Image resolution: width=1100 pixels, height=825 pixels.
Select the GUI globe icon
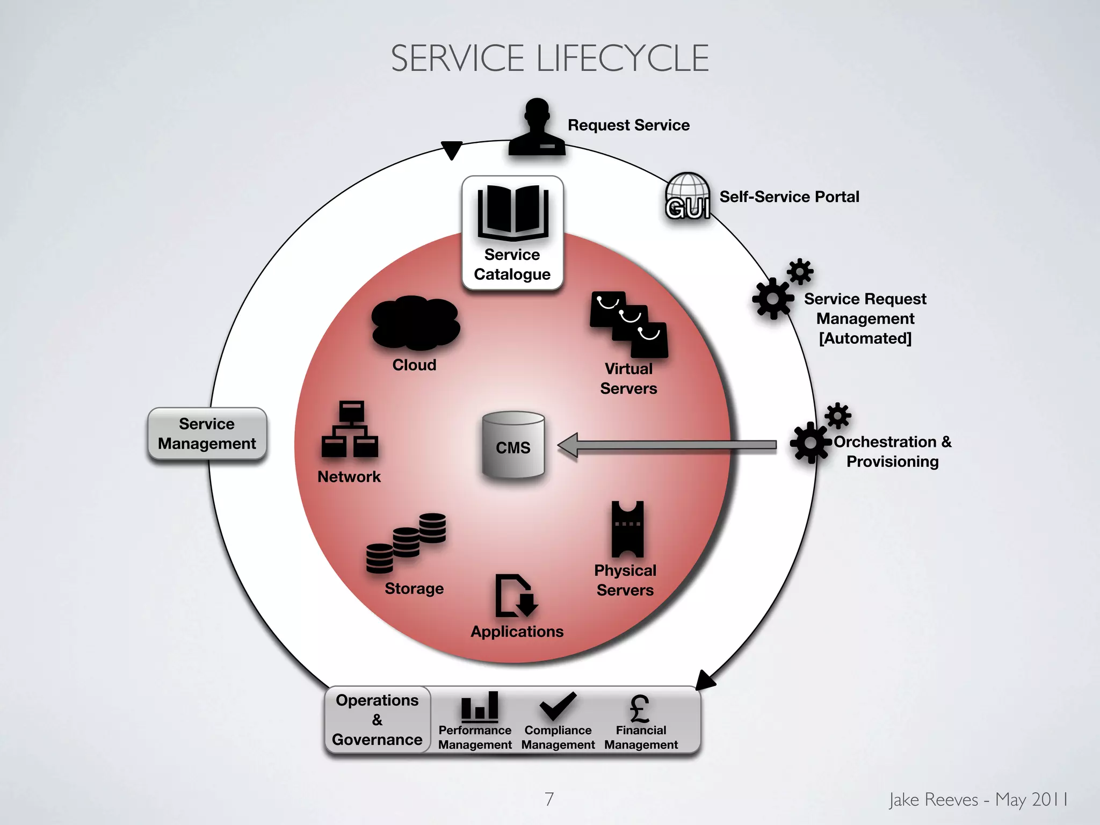[x=687, y=196]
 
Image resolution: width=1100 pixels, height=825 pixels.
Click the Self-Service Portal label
[x=789, y=197]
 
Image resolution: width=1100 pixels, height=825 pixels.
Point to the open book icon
[x=513, y=213]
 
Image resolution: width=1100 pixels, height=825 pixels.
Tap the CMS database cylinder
[x=513, y=445]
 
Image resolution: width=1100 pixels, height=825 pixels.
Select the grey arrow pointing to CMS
[x=666, y=445]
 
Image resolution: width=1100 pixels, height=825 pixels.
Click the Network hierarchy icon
[x=350, y=430]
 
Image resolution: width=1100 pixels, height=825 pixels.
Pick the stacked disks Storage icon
[x=406, y=542]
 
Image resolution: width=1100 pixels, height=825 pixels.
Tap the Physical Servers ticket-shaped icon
[x=627, y=530]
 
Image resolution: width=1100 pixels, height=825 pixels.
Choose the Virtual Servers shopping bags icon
[x=629, y=324]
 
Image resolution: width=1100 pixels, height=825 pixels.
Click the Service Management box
[x=207, y=434]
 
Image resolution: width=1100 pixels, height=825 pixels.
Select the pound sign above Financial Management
[x=640, y=708]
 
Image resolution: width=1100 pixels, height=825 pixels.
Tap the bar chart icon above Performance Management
[x=479, y=706]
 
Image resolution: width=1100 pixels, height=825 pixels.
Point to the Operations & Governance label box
[x=377, y=720]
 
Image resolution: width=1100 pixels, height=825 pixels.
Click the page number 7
[x=549, y=799]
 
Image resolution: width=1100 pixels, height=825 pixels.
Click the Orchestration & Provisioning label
[x=892, y=451]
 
